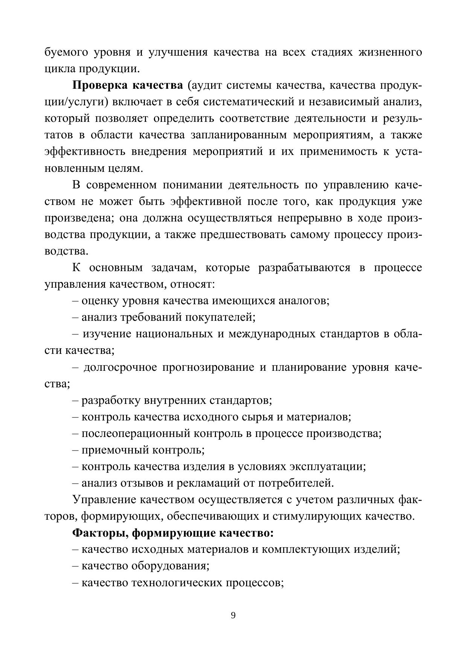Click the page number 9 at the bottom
pos(233,615)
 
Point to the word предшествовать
pos(243,234)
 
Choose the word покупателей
pos(220,317)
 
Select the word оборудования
pos(170,566)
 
